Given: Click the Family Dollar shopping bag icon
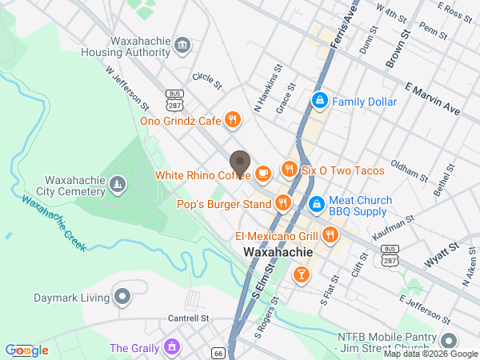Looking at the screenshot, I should coord(319,101).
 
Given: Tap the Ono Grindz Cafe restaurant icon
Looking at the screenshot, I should coord(232,121).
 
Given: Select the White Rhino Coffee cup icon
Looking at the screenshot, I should coord(263,174).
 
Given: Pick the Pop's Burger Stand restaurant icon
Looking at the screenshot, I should coord(282,204).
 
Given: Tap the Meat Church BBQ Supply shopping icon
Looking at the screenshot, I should coord(316,204).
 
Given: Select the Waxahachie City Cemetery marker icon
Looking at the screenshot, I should coord(118,186).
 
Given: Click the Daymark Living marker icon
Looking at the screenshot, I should coord(122,298).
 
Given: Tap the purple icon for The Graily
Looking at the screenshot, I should coord(170,347).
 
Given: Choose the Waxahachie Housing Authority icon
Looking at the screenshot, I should coord(182,43).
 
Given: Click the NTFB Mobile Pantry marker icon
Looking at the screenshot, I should coord(447,340).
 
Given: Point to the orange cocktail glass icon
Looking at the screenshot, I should coord(301,276).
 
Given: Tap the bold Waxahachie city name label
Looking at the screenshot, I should coord(277,253).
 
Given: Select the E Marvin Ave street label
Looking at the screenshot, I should coord(433,95).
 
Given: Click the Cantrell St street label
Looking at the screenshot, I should coord(188,318).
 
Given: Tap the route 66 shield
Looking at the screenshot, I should coord(218,352).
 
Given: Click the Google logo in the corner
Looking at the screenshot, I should coord(27,350).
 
